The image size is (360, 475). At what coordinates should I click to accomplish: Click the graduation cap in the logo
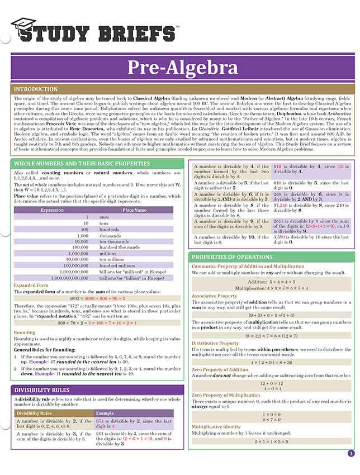pyautogui.click(x=23, y=26)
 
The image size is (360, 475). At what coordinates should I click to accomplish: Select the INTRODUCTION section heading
pyautogui.click(x=35, y=89)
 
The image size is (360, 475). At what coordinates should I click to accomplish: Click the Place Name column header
pyautogui.click(x=134, y=210)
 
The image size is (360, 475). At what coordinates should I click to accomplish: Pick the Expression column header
pyautogui.click(x=53, y=210)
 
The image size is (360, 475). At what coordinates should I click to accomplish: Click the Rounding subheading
pyautogui.click(x=25, y=332)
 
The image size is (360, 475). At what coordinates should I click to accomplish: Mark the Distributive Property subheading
pyautogui.click(x=214, y=343)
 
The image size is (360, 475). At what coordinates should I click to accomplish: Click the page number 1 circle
pyautogui.click(x=350, y=454)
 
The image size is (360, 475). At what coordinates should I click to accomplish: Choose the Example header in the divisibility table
pyautogui.click(x=105, y=413)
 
